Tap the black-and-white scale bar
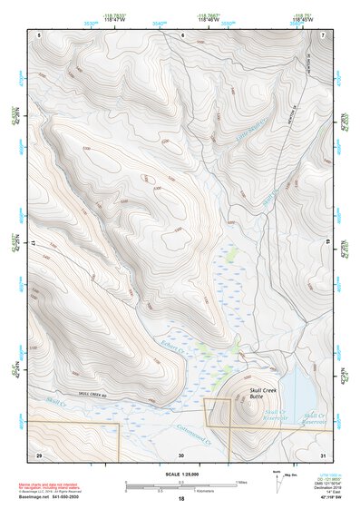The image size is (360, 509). [182, 485]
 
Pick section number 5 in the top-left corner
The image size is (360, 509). [40, 35]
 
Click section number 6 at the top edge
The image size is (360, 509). [182, 35]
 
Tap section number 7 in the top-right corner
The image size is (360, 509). [323, 35]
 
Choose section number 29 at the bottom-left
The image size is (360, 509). [39, 454]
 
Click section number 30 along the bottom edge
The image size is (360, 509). [181, 454]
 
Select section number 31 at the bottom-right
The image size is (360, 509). [323, 454]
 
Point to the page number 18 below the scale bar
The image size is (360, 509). [182, 499]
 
